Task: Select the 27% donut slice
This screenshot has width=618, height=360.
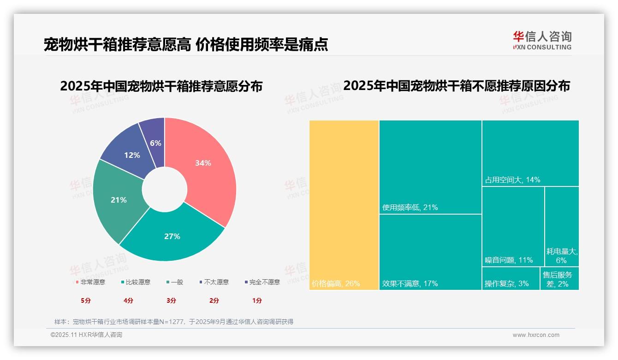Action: (172, 236)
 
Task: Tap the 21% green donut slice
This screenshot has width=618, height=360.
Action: (119, 200)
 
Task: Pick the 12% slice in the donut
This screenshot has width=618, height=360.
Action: (132, 155)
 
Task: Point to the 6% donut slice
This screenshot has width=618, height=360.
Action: (155, 143)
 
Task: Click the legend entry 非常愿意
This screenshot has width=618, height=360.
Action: (90, 282)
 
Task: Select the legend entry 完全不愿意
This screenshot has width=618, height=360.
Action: (262, 282)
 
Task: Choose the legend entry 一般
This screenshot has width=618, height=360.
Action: (174, 282)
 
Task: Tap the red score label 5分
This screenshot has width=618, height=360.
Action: (86, 300)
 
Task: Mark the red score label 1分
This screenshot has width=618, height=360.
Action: (257, 300)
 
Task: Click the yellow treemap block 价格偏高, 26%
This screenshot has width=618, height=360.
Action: (344, 205)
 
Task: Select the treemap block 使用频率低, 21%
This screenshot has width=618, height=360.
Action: (430, 167)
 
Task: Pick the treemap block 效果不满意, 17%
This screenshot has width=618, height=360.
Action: (430, 252)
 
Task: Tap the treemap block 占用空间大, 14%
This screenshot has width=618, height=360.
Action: (530, 153)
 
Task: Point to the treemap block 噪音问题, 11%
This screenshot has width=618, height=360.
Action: (513, 226)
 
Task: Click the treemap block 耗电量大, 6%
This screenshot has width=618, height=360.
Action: (562, 226)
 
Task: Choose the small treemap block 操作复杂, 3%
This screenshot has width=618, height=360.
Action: (511, 279)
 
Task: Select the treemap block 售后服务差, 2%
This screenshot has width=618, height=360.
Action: (560, 279)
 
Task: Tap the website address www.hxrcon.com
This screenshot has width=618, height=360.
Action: (536, 335)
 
